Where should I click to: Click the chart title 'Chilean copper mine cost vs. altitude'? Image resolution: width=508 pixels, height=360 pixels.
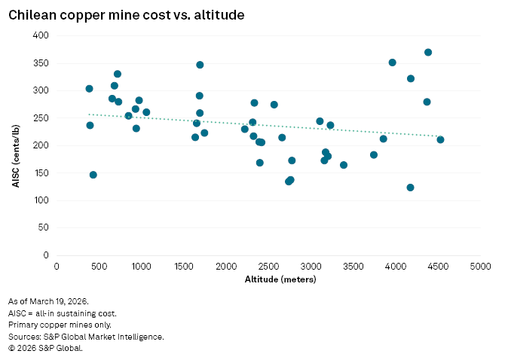click(x=126, y=14)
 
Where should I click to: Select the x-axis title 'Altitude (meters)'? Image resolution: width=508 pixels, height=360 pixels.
click(x=269, y=280)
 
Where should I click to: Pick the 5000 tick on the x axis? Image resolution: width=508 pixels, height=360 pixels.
click(x=480, y=266)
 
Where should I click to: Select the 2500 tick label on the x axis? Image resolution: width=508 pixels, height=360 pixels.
click(x=269, y=266)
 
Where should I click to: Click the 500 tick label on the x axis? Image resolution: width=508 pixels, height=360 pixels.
click(x=99, y=266)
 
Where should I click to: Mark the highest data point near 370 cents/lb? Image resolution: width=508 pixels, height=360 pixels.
click(x=428, y=52)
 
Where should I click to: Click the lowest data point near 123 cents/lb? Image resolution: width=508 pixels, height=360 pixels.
click(x=410, y=188)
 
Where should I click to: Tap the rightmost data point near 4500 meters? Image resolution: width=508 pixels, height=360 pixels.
click(x=440, y=139)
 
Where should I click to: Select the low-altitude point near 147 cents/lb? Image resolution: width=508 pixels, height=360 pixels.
click(x=93, y=175)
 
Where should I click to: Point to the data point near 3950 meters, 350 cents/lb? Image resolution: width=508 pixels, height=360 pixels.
click(x=392, y=63)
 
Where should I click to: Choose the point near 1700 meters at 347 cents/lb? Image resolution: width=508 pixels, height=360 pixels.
click(x=200, y=65)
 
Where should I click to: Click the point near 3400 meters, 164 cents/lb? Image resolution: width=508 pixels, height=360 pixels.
click(x=344, y=165)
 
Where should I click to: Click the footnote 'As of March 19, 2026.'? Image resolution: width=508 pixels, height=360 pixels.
click(x=50, y=301)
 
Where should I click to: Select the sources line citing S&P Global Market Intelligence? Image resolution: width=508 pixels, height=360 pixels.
click(x=85, y=337)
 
